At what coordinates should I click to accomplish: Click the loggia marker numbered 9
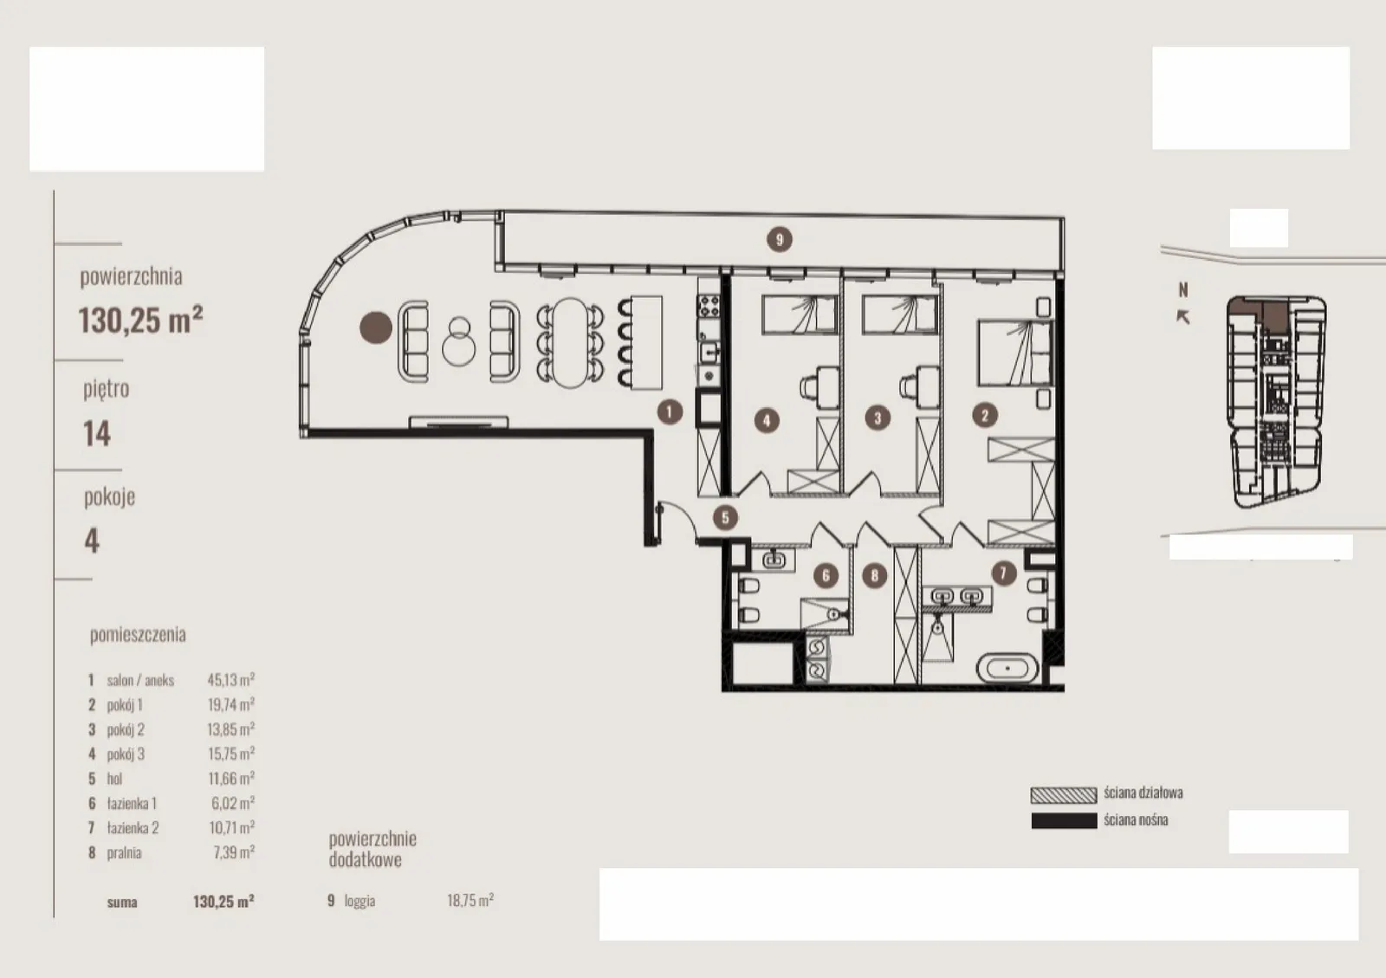click(x=779, y=239)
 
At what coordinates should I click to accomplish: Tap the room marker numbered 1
click(x=670, y=411)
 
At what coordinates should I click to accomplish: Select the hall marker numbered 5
click(x=725, y=518)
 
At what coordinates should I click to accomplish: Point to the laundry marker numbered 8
click(x=874, y=576)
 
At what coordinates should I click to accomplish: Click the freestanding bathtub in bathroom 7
click(x=1007, y=668)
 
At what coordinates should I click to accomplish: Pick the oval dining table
click(x=570, y=343)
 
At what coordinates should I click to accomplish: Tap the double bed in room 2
click(x=1014, y=353)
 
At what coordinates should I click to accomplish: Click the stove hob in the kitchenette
click(x=709, y=306)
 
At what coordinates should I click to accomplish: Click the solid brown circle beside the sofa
click(x=376, y=327)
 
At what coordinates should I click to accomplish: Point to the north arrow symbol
click(x=1182, y=317)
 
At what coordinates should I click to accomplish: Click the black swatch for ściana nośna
click(x=1064, y=821)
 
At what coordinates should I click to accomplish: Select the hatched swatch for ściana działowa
click(x=1064, y=795)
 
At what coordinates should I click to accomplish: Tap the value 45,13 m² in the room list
click(x=230, y=680)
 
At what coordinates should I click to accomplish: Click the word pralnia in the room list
click(x=125, y=853)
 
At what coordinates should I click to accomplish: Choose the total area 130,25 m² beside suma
click(x=223, y=901)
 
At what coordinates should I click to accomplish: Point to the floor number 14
click(x=97, y=434)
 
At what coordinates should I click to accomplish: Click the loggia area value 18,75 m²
click(x=470, y=900)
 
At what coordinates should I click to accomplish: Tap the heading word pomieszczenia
click(x=138, y=635)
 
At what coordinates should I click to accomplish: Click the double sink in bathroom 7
click(x=957, y=597)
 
